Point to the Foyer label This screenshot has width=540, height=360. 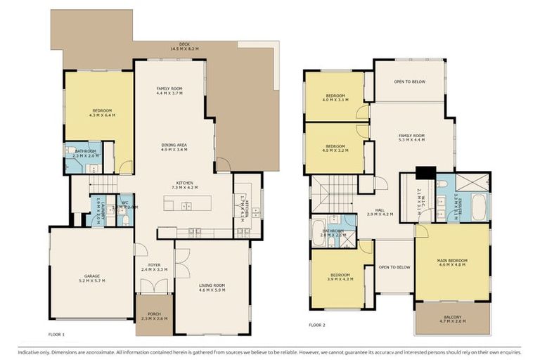pyautogui.click(x=154, y=266)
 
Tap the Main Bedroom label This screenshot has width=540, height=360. pyautogui.click(x=451, y=263)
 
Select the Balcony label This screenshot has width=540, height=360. pyautogui.click(x=453, y=318)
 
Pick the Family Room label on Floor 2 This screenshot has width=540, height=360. pyautogui.click(x=412, y=138)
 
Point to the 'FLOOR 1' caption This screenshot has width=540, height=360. pyautogui.click(x=58, y=334)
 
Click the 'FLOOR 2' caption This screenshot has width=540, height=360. pyautogui.click(x=318, y=325)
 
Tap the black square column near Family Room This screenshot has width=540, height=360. pyautogui.click(x=425, y=173)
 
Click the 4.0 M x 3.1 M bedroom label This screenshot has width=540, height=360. pyautogui.click(x=335, y=97)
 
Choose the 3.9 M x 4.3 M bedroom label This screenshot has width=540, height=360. pyautogui.click(x=340, y=277)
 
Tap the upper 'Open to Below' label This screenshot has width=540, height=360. pyautogui.click(x=409, y=82)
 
